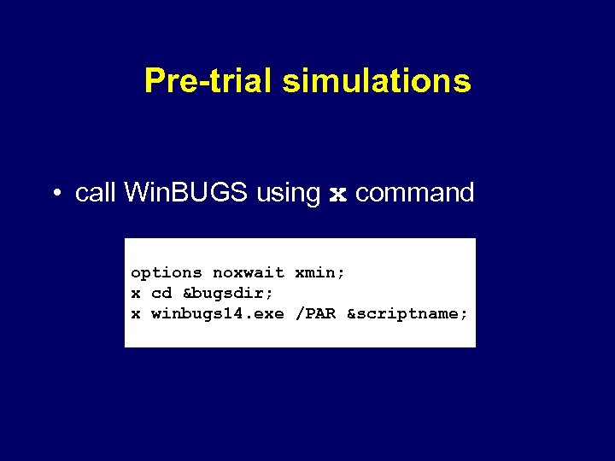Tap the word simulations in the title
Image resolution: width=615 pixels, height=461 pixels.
tap(376, 81)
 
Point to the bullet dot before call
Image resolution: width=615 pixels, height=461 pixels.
tap(55, 194)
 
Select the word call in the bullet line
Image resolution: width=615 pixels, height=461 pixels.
tap(96, 193)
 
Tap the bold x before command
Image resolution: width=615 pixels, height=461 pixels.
tap(338, 195)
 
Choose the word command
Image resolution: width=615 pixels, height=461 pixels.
tap(414, 193)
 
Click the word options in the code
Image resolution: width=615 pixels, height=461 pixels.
tap(166, 273)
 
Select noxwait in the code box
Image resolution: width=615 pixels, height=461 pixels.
tap(248, 273)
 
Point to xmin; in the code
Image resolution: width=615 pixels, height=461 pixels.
tap(319, 273)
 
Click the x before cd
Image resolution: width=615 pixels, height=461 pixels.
tap(135, 294)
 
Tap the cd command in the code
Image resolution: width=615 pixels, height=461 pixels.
tap(161, 294)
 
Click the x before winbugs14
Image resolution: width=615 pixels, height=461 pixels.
tap(135, 314)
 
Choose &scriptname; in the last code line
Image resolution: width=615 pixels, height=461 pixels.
tap(407, 314)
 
